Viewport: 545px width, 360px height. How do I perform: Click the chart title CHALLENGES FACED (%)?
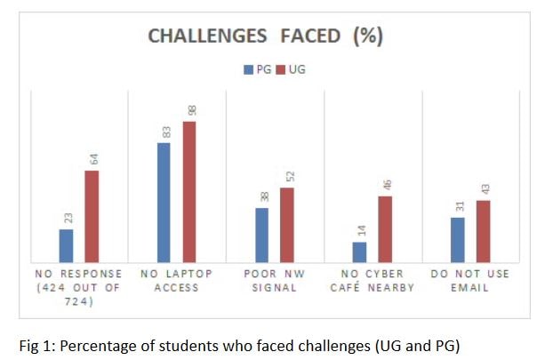coord(264,36)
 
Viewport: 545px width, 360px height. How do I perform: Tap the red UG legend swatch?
coord(277,68)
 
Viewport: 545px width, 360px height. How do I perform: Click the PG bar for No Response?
coord(66,245)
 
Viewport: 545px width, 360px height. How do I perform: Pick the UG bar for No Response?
coord(92,216)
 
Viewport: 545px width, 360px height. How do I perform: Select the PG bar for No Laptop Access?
coord(164,202)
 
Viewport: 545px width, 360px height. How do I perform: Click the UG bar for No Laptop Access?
coord(189,191)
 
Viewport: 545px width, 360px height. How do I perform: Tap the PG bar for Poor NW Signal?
coord(261,235)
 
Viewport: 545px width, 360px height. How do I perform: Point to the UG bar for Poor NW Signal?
coord(287,225)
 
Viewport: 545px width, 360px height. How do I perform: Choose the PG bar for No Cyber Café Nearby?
coord(359,252)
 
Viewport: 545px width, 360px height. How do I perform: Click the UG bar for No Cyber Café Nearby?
coord(385,228)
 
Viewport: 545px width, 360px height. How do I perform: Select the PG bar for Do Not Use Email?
coord(457,240)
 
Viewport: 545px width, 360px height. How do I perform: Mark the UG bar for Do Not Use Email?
coord(483,231)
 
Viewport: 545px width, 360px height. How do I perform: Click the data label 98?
coord(190,111)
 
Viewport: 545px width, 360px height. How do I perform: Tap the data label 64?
coord(92,160)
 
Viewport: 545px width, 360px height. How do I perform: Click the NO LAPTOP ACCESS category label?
coord(176,280)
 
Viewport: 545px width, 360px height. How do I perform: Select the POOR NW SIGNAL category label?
coord(274,280)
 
